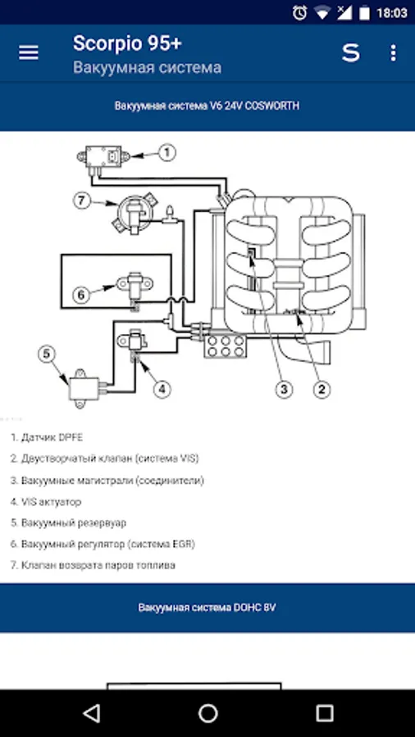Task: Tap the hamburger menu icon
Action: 28,52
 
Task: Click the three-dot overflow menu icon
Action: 394,52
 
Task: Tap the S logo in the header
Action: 350,53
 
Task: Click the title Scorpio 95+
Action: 127,43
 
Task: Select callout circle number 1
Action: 166,152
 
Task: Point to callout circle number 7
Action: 81,201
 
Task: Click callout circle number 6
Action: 80,295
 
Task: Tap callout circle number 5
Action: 47,355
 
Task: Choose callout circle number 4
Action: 162,389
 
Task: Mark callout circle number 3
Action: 284,389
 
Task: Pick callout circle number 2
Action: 322,389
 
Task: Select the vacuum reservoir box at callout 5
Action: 85,387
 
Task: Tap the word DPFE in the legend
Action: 71,437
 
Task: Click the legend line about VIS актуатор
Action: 46,502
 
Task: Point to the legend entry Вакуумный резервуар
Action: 69,522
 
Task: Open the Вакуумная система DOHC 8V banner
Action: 207,608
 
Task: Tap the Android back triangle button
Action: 91,713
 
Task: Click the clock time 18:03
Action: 391,12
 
